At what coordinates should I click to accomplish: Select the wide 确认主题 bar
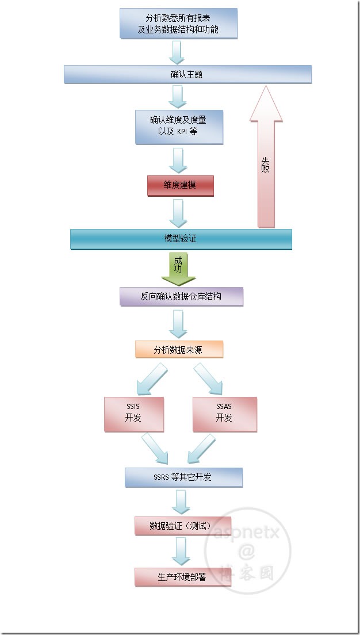tap(187, 74)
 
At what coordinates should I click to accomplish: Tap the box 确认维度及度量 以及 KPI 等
tap(178, 127)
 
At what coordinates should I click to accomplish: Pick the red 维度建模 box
tap(180, 186)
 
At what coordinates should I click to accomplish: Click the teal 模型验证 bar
tap(181, 239)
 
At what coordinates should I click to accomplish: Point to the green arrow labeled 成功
tap(178, 269)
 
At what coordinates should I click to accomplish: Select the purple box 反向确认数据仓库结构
tap(181, 297)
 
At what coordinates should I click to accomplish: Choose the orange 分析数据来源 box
tap(178, 349)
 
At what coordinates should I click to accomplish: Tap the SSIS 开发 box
tap(133, 414)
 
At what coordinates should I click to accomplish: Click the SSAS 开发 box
tap(224, 414)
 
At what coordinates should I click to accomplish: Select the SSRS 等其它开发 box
tap(183, 477)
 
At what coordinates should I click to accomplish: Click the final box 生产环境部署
tap(178, 577)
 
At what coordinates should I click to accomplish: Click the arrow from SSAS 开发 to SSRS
tap(201, 449)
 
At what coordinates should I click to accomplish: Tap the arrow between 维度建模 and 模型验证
tap(178, 213)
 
